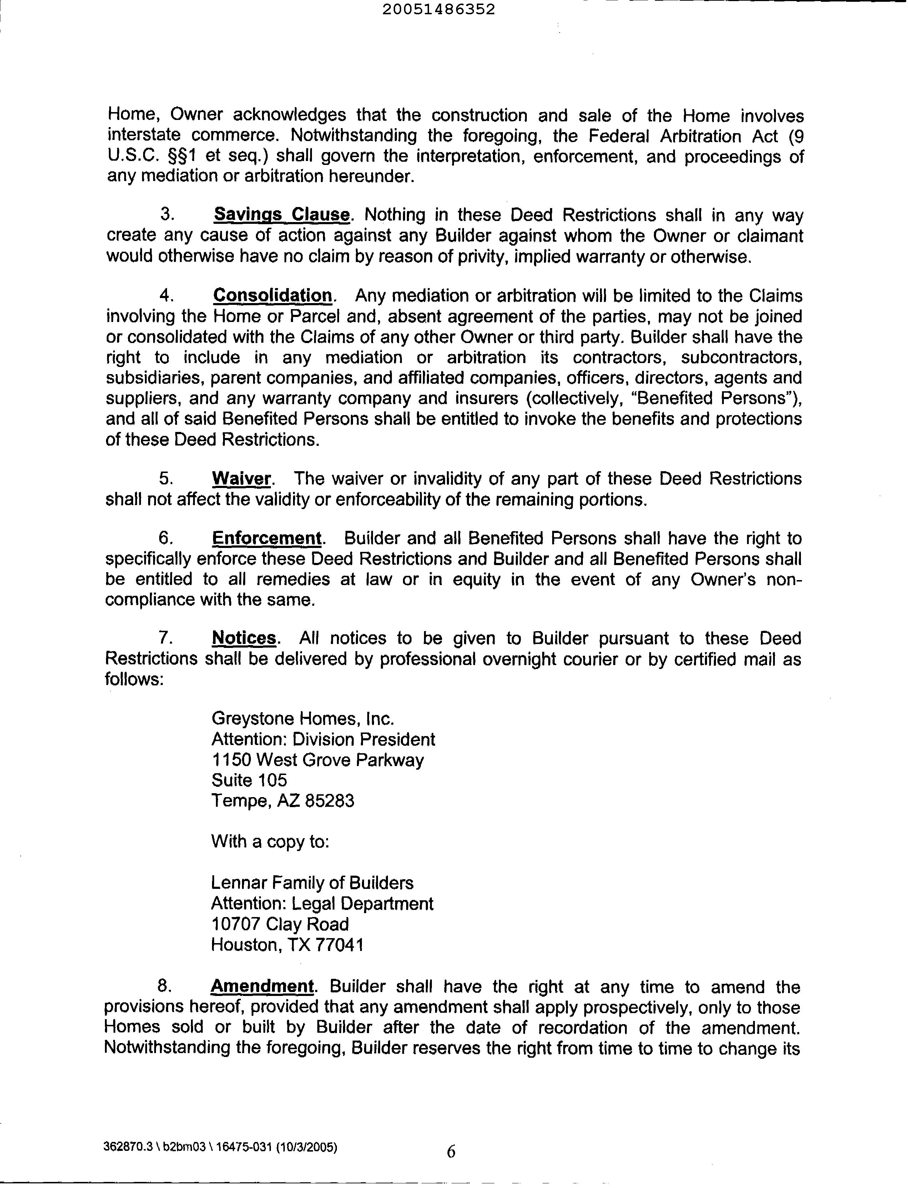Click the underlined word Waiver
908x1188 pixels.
tap(241, 478)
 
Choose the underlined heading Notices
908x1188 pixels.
tap(244, 638)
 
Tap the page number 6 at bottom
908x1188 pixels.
tap(451, 1152)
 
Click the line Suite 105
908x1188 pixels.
tap(249, 780)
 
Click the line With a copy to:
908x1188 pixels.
tap(270, 841)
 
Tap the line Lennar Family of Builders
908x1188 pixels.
tap(312, 883)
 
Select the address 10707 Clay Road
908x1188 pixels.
tap(279, 924)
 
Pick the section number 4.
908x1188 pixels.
tap(166, 296)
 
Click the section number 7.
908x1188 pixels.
tap(165, 638)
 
